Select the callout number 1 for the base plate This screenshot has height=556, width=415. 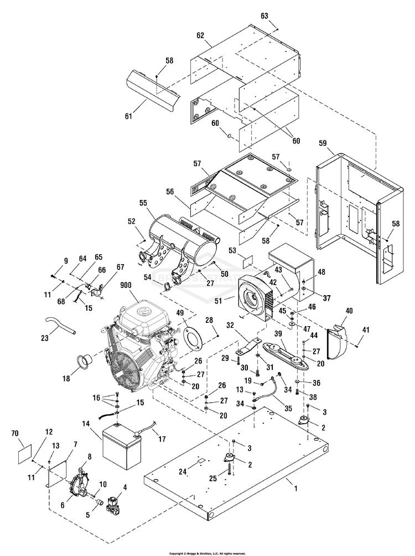[x=295, y=488]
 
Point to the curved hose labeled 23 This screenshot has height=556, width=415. [x=61, y=327]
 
